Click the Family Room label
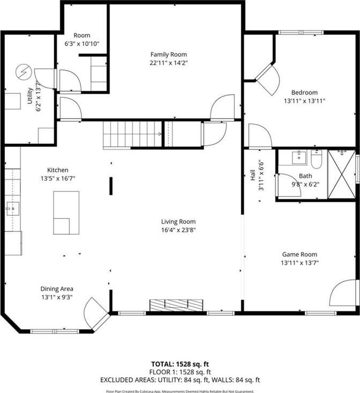[x=169, y=54]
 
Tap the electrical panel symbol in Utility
[x=24, y=72]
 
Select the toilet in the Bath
[x=316, y=159]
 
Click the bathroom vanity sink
[x=299, y=157]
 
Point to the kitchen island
[x=66, y=213]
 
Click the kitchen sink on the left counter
[x=12, y=208]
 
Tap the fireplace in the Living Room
[x=176, y=305]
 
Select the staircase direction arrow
[x=160, y=134]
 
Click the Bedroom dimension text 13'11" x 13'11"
[x=305, y=101]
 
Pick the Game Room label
[x=299, y=254]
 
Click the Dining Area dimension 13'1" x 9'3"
[x=57, y=297]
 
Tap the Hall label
[x=253, y=175]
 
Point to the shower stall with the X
[x=342, y=174]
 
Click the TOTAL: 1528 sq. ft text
[x=180, y=364]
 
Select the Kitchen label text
[x=57, y=170]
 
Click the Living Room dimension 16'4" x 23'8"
[x=178, y=230]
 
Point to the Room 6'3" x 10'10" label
[x=82, y=40]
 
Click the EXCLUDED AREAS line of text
[x=180, y=380]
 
